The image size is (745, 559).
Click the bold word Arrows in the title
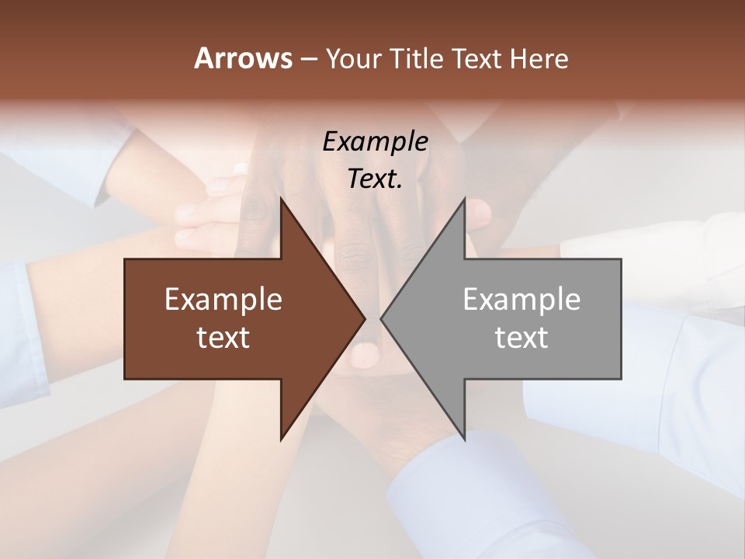242,58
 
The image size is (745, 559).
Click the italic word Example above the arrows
375,141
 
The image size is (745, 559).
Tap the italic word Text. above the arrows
375,179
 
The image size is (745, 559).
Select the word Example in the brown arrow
223,300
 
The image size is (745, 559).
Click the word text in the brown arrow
223,337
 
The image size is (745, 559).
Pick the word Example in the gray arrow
521,300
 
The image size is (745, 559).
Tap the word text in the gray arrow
521,337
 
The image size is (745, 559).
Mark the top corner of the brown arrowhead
281,200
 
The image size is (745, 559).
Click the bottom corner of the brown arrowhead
281,439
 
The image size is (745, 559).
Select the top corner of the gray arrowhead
464,200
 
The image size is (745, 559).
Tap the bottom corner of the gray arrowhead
464,439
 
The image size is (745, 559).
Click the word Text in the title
479,58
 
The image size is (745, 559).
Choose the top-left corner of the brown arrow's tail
126,259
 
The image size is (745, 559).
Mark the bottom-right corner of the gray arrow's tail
621,378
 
